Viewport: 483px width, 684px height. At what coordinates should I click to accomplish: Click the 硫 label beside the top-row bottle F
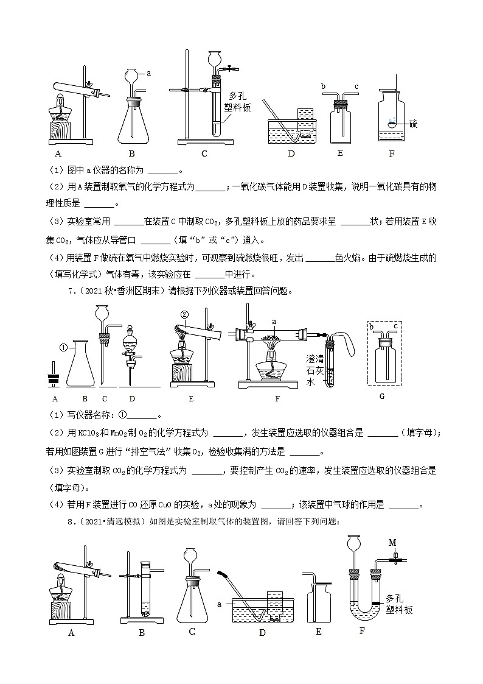(x=413, y=124)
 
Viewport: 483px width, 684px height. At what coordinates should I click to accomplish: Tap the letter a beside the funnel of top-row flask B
(x=148, y=73)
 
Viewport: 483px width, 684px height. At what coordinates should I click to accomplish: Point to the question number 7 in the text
(x=69, y=291)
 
